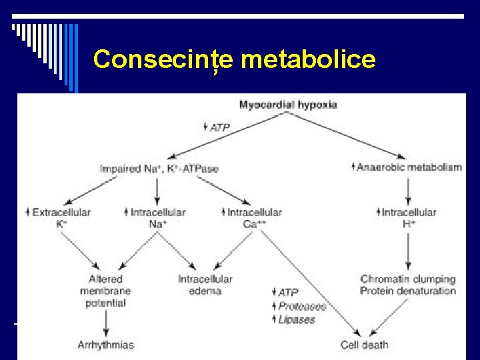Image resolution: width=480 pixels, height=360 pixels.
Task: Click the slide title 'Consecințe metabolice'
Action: click(235, 59)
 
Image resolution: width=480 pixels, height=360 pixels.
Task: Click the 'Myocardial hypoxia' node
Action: click(287, 105)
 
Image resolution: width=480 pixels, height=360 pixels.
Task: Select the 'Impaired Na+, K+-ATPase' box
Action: click(158, 168)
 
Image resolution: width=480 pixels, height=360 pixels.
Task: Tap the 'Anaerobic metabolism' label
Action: click(409, 167)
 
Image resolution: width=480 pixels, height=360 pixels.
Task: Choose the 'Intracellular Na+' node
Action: click(157, 218)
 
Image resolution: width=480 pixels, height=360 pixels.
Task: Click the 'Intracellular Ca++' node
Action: click(254, 218)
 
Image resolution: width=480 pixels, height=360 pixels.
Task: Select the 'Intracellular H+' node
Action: click(408, 218)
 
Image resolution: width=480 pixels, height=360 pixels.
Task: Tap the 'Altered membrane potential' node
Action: click(105, 291)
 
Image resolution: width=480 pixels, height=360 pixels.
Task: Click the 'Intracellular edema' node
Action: click(205, 285)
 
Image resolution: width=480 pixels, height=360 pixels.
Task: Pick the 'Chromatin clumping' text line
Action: click(408, 279)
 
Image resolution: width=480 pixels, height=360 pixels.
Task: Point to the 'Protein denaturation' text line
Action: click(408, 291)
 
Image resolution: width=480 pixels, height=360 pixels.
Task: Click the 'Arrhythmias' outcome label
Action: click(105, 345)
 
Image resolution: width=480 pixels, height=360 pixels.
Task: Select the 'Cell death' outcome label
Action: click(364, 345)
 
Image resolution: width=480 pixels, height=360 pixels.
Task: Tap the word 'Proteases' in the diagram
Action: click(302, 306)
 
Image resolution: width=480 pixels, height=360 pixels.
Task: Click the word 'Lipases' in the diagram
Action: click(297, 319)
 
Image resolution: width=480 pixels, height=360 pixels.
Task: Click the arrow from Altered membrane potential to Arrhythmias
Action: click(105, 323)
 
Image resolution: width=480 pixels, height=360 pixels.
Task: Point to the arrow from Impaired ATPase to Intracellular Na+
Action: click(157, 189)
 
